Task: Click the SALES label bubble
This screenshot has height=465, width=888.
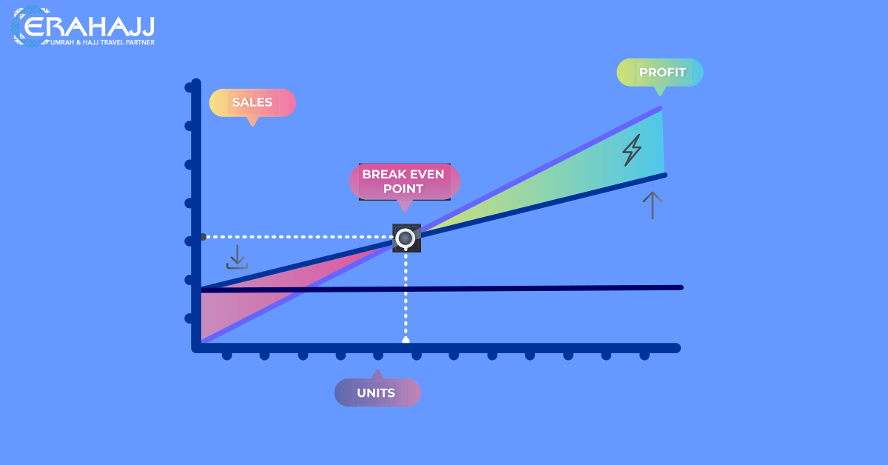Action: click(x=252, y=103)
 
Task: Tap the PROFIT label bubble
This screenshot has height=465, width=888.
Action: click(x=660, y=73)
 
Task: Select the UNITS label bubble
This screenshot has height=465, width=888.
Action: click(x=377, y=392)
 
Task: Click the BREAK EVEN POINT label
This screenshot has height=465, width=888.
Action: click(x=404, y=181)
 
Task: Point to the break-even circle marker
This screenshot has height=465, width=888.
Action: click(x=406, y=238)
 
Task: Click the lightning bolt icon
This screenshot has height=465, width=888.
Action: click(x=631, y=150)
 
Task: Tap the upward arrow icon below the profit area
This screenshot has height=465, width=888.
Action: click(x=653, y=205)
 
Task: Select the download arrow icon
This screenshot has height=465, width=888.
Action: click(x=237, y=257)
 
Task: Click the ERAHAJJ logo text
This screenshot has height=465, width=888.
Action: click(x=89, y=26)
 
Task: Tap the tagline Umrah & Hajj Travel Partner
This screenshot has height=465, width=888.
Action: click(x=102, y=42)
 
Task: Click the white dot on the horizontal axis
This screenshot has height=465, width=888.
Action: click(x=406, y=340)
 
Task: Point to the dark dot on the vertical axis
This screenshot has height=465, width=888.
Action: click(x=203, y=237)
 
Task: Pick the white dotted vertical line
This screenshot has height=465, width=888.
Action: click(x=406, y=295)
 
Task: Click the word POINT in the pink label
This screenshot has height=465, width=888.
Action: click(x=403, y=189)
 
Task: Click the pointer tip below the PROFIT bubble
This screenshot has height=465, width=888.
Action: click(x=660, y=96)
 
